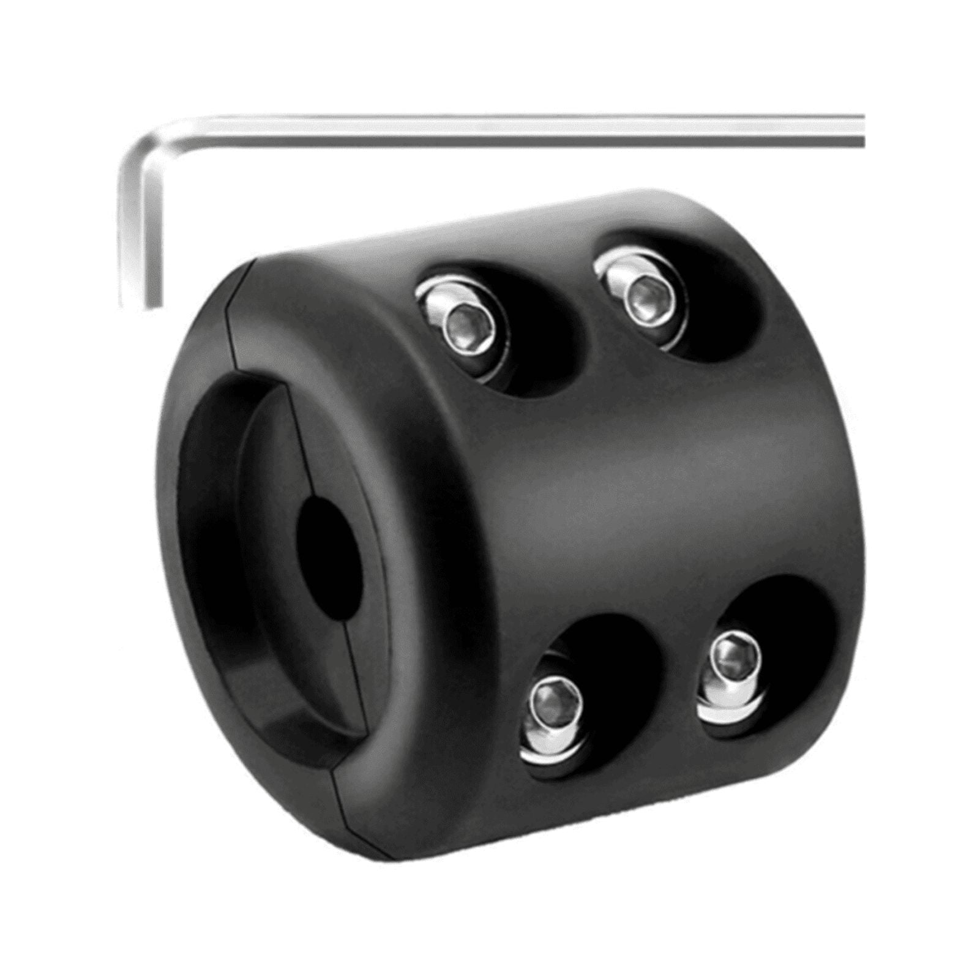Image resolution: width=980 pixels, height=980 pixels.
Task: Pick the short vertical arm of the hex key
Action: [140, 233]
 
